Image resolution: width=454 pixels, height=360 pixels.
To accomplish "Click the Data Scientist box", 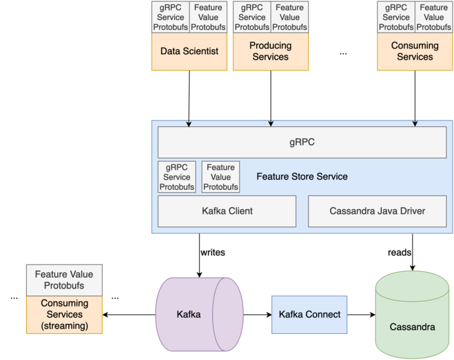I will point(190,51).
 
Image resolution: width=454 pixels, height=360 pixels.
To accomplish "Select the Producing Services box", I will point(270,51).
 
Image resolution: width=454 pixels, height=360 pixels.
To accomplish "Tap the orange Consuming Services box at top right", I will point(415,51).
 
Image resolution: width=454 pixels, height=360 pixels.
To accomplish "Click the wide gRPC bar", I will point(302,142).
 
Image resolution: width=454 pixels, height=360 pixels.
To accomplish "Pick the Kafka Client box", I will point(227,211).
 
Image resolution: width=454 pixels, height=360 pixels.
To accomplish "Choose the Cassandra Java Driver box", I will point(377,211).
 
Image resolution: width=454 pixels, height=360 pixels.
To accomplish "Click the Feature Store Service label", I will point(302,177).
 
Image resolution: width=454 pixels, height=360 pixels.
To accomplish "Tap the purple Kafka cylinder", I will point(198,314).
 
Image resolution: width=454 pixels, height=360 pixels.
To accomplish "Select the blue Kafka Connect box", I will point(309,315).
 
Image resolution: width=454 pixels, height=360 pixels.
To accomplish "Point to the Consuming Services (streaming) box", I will point(64,315).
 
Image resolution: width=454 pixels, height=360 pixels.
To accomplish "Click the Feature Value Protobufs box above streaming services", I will point(64,280).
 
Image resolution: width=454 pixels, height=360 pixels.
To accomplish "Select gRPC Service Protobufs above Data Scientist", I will point(171,17).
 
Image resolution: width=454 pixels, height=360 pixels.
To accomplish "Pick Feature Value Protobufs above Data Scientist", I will point(208,17).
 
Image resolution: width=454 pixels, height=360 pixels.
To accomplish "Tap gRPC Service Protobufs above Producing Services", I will point(252,17).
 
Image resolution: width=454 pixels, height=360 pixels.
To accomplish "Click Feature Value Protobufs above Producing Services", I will point(289,17).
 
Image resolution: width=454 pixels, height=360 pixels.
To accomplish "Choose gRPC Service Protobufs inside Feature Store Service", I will point(177,177).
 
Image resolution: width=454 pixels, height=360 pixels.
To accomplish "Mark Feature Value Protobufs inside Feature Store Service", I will point(220,177).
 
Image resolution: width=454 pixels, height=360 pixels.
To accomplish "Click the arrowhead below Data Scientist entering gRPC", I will point(190,124).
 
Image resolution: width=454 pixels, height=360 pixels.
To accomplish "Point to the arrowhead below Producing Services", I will point(270,124).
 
